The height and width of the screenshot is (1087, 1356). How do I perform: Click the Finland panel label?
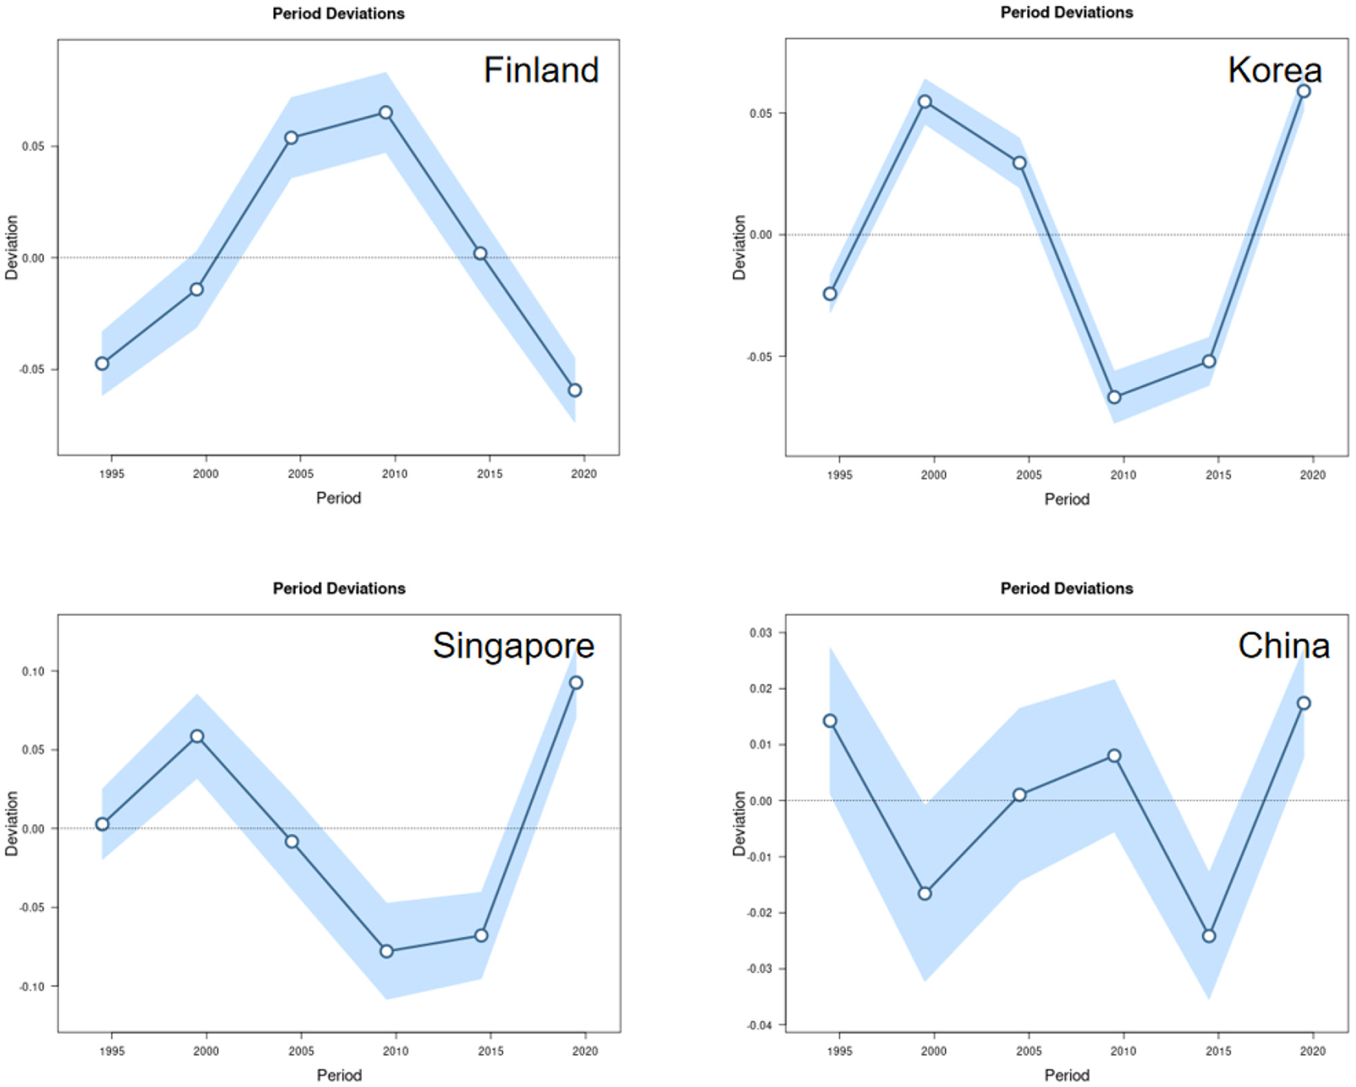click(540, 70)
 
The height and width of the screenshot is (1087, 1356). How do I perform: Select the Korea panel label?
click(1274, 70)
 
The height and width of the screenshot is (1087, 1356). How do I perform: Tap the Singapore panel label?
click(513, 646)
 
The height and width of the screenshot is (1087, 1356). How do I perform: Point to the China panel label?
click(1283, 646)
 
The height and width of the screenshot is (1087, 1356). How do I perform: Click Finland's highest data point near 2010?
click(386, 112)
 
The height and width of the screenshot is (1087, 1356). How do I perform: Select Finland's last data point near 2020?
click(575, 390)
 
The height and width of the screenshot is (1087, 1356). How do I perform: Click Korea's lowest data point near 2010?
click(1114, 397)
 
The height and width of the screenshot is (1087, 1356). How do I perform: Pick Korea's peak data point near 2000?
click(924, 102)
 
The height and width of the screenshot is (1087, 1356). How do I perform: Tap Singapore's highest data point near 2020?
click(576, 682)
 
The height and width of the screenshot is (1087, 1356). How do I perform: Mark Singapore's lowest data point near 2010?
click(386, 951)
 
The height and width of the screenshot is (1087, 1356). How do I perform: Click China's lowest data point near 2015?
click(1209, 936)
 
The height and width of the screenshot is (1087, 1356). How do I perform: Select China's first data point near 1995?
click(830, 721)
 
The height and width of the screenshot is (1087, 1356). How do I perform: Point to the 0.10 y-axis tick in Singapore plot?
click(34, 672)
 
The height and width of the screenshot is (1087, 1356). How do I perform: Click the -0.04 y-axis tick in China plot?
click(761, 1025)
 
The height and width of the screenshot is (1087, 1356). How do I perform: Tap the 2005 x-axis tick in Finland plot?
click(300, 474)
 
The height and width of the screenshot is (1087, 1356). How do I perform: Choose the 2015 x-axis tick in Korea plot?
click(1218, 475)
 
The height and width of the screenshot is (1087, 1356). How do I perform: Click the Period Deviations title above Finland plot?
click(338, 14)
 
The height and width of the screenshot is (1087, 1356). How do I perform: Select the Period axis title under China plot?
click(1066, 1075)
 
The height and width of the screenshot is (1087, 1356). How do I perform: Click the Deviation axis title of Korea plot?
click(738, 247)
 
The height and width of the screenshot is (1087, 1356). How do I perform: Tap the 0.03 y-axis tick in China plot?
click(761, 633)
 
